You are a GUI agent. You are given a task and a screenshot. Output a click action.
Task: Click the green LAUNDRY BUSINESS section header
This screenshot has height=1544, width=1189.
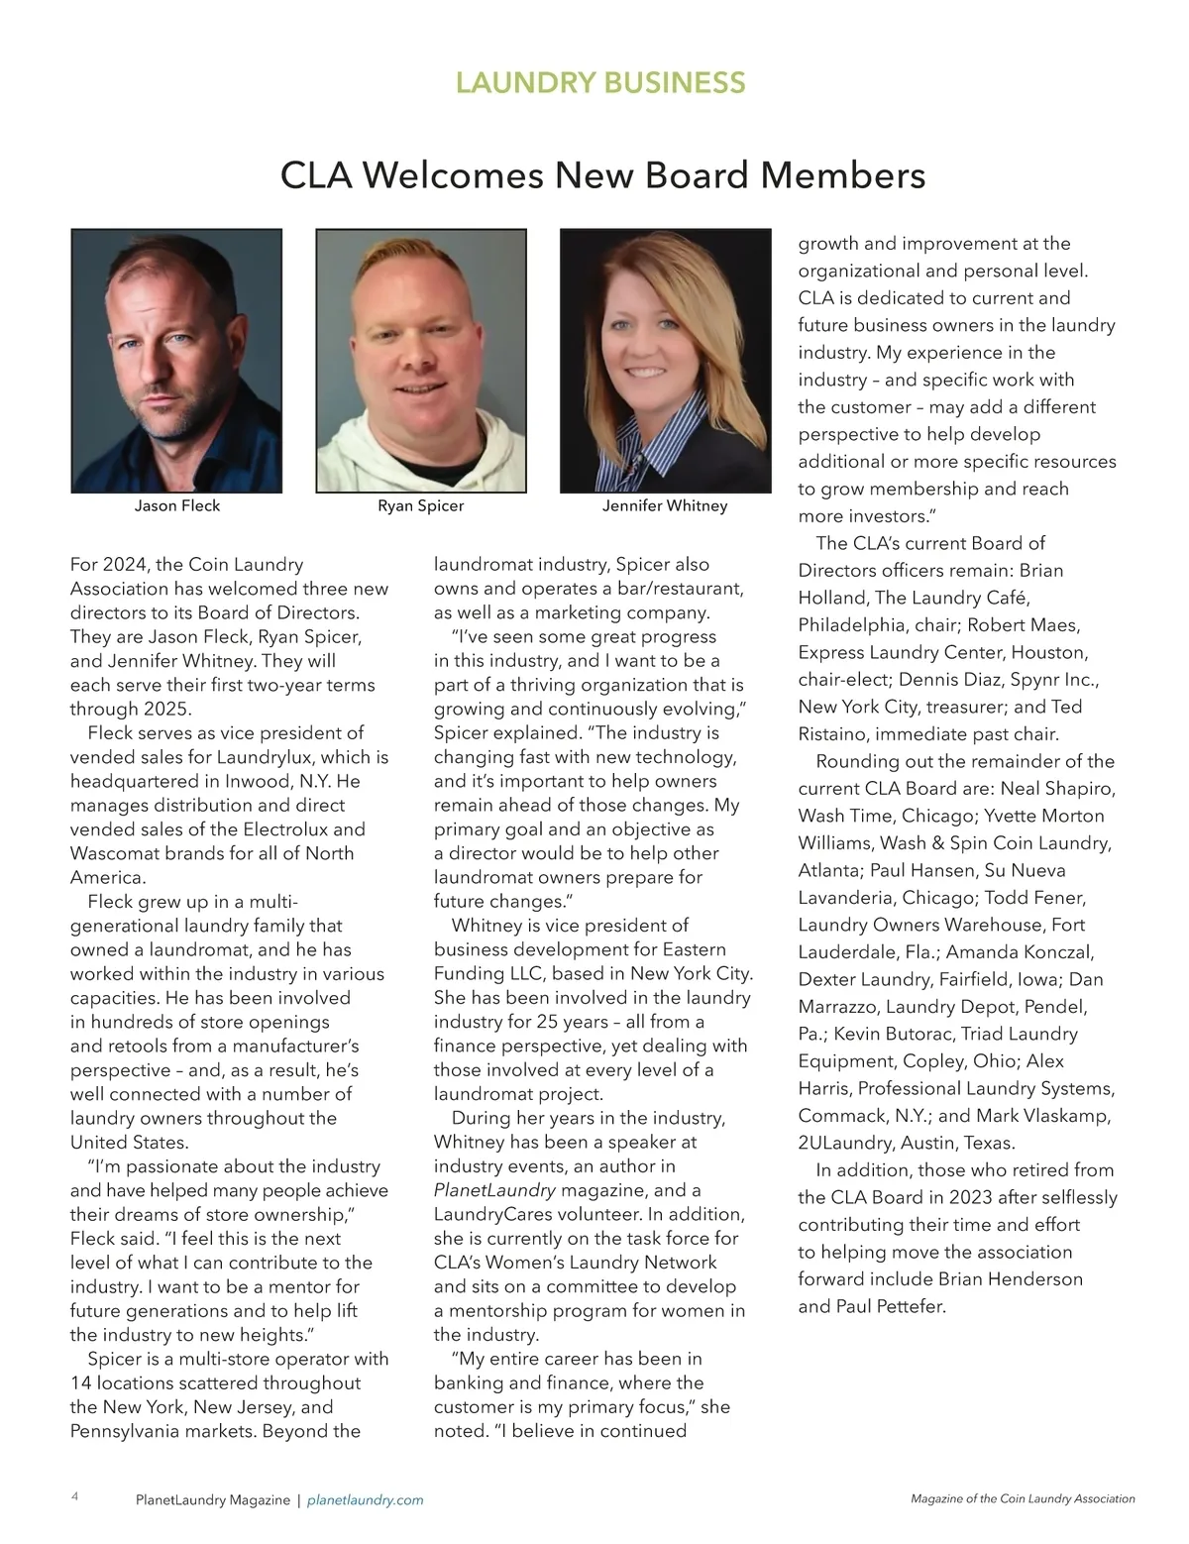pos(600,82)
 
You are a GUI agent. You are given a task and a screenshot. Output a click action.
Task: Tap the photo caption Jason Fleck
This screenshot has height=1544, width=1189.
pos(177,505)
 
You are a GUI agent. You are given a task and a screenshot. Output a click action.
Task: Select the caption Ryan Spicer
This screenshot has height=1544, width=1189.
pos(421,505)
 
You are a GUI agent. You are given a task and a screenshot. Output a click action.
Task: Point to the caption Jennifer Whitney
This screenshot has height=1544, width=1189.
pos(665,505)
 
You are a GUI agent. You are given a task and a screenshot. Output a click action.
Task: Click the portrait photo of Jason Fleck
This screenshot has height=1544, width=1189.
pos(177,361)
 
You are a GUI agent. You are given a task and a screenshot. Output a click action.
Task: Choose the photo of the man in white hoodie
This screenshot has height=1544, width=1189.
pos(421,361)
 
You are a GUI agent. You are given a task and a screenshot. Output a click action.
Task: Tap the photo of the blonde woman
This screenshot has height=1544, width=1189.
pos(665,361)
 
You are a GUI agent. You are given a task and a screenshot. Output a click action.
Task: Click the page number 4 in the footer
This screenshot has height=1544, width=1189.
pos(75,1497)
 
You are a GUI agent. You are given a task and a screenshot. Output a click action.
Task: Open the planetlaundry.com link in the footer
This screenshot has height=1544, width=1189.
pos(366,1499)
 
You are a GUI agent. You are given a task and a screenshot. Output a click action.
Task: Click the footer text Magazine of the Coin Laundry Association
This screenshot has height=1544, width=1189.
pos(1023,1498)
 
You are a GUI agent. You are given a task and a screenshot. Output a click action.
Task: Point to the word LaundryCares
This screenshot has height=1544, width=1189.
pos(487,1214)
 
